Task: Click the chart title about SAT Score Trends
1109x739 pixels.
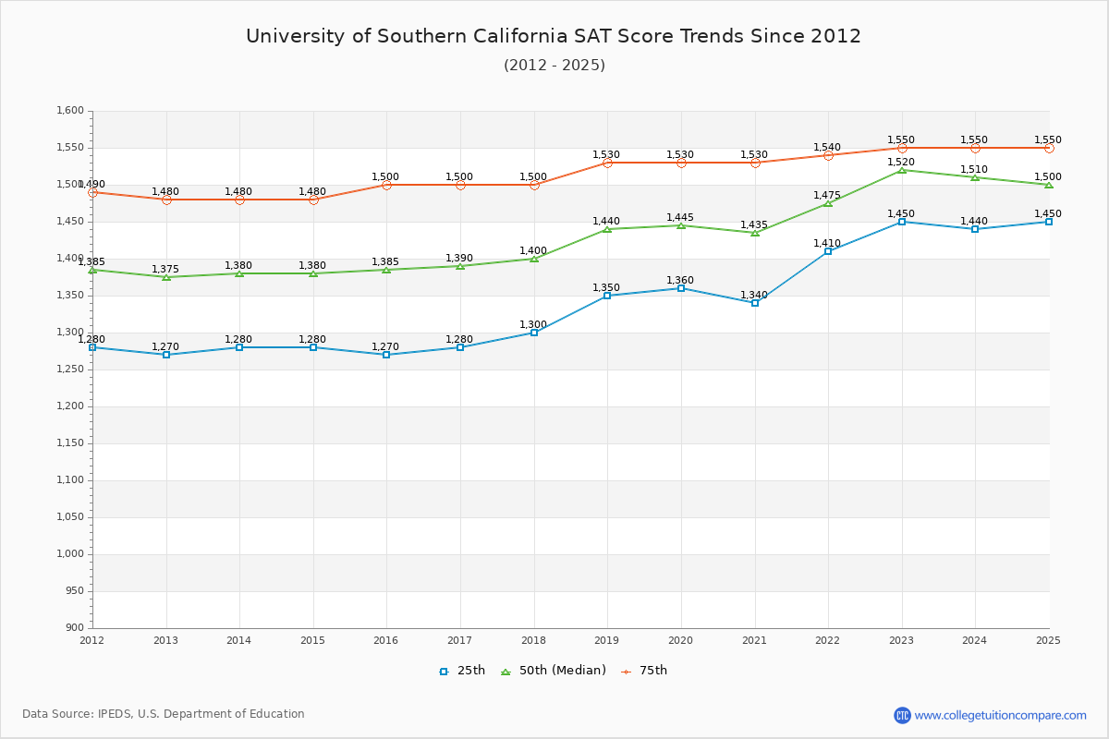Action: click(x=554, y=36)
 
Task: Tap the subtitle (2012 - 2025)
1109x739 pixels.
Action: click(x=554, y=65)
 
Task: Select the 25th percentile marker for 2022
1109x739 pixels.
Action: click(x=828, y=251)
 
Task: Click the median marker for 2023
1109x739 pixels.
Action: click(x=902, y=170)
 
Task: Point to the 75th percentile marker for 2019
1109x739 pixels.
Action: click(x=607, y=163)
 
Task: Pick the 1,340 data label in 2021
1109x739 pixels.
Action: click(x=754, y=296)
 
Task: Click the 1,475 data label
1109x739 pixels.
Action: click(x=828, y=195)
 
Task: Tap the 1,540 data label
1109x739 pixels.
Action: click(x=828, y=147)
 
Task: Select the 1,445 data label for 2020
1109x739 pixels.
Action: click(x=680, y=217)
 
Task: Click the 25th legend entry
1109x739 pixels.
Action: click(x=462, y=671)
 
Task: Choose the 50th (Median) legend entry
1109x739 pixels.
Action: click(x=554, y=671)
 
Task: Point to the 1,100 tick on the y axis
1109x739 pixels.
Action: click(x=70, y=480)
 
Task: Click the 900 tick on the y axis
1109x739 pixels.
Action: click(x=74, y=628)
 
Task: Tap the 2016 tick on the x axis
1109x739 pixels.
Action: click(x=386, y=639)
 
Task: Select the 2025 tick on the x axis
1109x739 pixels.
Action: click(x=1048, y=639)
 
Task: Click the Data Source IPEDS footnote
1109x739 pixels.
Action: click(x=164, y=714)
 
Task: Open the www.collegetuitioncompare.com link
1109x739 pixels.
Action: click(x=1000, y=715)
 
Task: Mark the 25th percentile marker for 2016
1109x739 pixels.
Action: click(x=386, y=355)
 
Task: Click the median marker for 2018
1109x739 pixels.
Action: click(x=534, y=259)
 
